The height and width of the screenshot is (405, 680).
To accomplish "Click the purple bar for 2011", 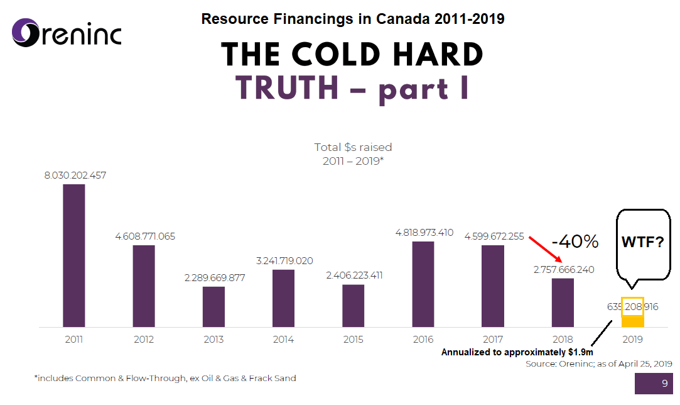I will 73,255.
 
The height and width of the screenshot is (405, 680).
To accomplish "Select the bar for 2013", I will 213,307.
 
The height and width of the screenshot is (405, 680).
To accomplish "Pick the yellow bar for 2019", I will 632,321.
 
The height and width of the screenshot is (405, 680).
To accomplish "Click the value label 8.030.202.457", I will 75,175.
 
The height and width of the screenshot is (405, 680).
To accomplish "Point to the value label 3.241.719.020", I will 283,261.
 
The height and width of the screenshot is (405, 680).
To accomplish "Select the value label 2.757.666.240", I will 563,270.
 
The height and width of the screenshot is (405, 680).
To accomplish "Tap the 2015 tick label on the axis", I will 353,340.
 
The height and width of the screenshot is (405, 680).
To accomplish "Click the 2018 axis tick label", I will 563,340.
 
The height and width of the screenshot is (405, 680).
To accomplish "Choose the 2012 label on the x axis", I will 144,340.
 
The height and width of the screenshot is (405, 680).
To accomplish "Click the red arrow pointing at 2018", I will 545,249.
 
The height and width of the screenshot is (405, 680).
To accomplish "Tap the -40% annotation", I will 575,241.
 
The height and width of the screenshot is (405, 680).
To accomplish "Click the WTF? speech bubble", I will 642,242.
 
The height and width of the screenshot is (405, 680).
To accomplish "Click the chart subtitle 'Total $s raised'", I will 353,147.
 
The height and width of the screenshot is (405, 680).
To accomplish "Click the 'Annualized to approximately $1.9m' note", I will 517,352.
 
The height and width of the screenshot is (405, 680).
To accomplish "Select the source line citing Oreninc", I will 599,364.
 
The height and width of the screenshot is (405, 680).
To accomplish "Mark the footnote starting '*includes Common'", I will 165,379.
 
